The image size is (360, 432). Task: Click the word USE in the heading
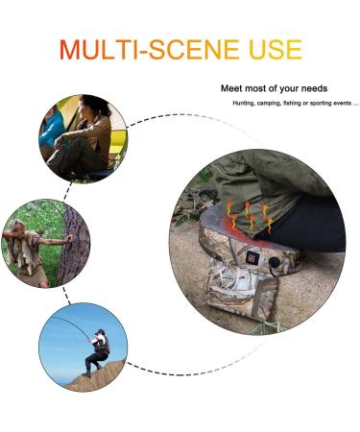pyautogui.click(x=276, y=50)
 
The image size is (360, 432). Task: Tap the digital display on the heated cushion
pyautogui.click(x=252, y=257)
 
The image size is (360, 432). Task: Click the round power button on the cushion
pyautogui.click(x=275, y=263)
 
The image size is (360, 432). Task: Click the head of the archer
pyautogui.click(x=17, y=226)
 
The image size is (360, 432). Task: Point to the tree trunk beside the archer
pyautogui.click(x=74, y=243)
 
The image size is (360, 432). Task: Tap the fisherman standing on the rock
pyautogui.click(x=98, y=352)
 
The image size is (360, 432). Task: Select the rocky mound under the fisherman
pyautogui.click(x=96, y=377)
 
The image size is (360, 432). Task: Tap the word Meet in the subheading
pyautogui.click(x=231, y=88)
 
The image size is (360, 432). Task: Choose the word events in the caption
pyautogui.click(x=344, y=104)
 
